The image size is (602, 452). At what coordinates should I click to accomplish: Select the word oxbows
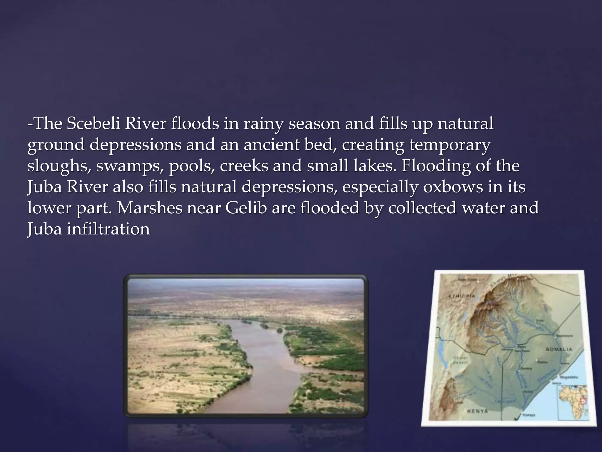[453, 187]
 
